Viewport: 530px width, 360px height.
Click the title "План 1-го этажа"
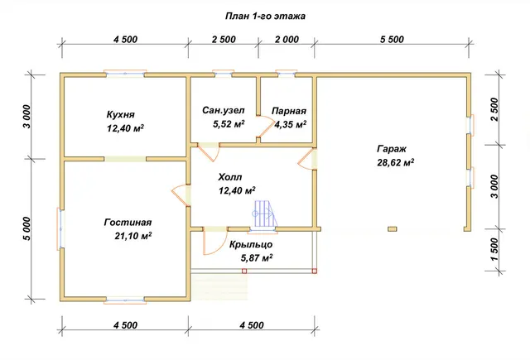pos(265,17)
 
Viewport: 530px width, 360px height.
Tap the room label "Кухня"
pos(121,114)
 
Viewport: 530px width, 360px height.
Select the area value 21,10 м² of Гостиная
pos(132,236)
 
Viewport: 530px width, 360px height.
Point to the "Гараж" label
pos(392,149)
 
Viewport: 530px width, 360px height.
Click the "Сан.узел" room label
pos(224,110)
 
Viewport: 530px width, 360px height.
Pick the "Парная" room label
pos(289,111)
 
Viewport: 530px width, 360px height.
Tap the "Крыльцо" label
pos(251,244)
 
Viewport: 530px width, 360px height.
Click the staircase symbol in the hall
pos(263,214)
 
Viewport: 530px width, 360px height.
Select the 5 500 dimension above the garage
pos(392,40)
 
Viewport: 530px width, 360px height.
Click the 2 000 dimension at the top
pos(287,40)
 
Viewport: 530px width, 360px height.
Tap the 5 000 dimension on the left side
pos(26,228)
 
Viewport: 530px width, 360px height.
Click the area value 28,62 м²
pos(396,162)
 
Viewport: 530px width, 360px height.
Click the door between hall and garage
pos(308,160)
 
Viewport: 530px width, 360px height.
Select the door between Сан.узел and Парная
pos(266,127)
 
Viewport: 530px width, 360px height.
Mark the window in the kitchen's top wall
pos(125,74)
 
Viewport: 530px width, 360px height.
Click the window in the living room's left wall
pos(60,229)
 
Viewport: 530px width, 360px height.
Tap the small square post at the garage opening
pos(392,229)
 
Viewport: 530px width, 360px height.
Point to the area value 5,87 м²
pos(257,258)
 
